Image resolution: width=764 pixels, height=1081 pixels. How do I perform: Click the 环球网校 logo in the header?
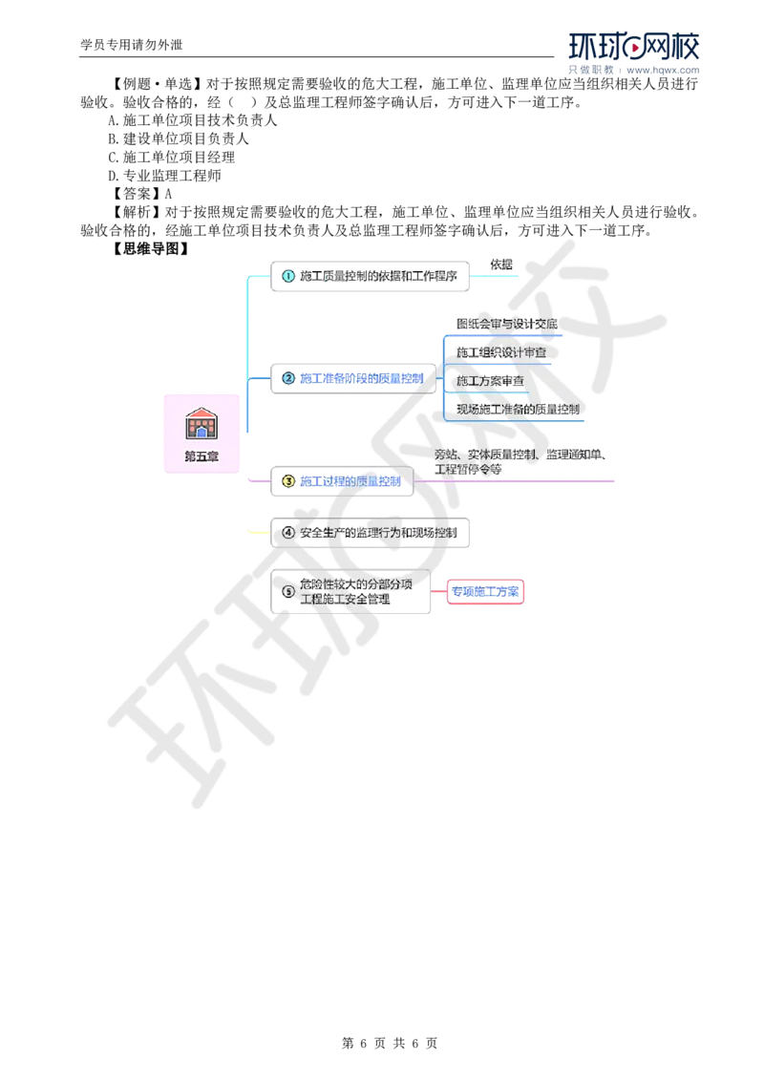tap(634, 46)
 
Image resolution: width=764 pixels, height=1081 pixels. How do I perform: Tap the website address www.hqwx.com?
tap(663, 70)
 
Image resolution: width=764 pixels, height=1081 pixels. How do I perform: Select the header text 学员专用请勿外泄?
tap(132, 45)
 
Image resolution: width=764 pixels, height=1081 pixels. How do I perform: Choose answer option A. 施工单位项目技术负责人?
tap(192, 120)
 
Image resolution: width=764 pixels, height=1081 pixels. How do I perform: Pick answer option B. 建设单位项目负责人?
tap(179, 138)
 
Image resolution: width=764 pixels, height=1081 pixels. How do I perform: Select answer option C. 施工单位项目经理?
tap(171, 158)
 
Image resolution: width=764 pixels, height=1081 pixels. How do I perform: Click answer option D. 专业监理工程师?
tap(164, 176)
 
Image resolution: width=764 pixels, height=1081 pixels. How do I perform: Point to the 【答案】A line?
tap(140, 194)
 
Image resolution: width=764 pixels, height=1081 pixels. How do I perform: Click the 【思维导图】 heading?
tap(149, 249)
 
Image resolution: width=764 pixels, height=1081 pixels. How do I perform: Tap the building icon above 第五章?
tap(202, 423)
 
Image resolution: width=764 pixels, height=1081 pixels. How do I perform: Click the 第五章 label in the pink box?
tap(202, 456)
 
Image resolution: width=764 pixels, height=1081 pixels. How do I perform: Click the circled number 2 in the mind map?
tap(288, 378)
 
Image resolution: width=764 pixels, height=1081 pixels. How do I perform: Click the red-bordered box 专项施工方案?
tap(485, 591)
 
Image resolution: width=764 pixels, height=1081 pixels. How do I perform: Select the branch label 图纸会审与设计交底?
tap(507, 324)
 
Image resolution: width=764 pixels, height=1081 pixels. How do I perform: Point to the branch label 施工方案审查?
tap(490, 381)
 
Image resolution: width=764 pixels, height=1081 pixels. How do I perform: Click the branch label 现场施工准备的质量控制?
tap(518, 409)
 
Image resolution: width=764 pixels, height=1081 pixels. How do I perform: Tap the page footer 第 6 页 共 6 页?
tap(390, 1043)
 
